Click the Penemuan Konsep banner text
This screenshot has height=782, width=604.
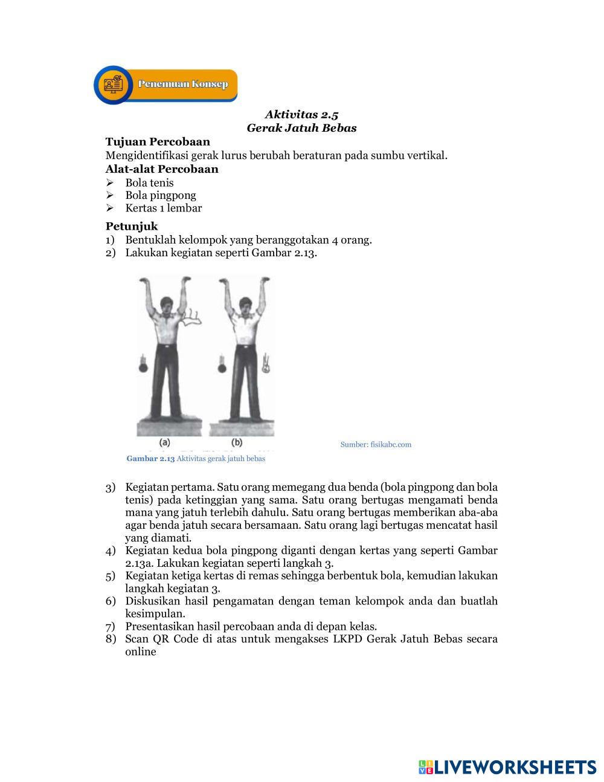tap(183, 84)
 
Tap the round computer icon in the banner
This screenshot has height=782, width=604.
tap(114, 85)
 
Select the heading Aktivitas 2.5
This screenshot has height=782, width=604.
tap(301, 114)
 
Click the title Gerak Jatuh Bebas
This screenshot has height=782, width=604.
tap(301, 128)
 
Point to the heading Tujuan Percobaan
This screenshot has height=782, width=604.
tap(158, 142)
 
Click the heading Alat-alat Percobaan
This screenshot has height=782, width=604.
tap(162, 169)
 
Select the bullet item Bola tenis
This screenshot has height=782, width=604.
tap(149, 183)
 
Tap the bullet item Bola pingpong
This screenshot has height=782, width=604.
tap(161, 196)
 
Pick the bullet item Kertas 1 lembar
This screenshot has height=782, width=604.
tap(164, 208)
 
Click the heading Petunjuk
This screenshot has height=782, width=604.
tap(132, 227)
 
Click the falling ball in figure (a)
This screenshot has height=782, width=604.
tap(144, 367)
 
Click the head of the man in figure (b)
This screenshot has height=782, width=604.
tap(246, 306)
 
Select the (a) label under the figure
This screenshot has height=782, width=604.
tap(165, 442)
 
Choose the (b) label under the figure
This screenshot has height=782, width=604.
tap(237, 442)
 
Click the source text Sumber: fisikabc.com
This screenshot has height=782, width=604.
tap(376, 444)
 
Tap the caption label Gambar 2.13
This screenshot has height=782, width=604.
tap(150, 459)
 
